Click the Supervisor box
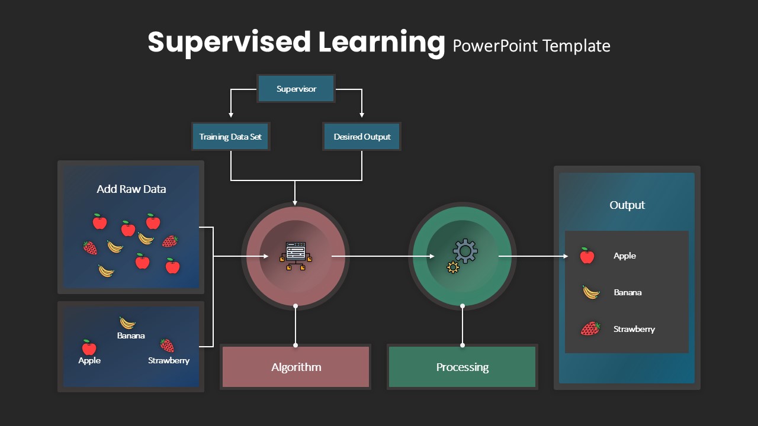[x=296, y=89]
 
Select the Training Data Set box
[x=230, y=137]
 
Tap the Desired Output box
[x=362, y=137]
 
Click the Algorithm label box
[x=296, y=367]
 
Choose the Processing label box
[x=462, y=367]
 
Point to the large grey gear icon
[x=465, y=251]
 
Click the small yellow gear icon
[x=453, y=267]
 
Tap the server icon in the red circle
[x=296, y=256]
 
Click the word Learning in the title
[x=381, y=42]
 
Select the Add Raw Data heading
[x=131, y=189]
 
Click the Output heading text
[x=627, y=205]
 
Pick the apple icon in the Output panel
[x=587, y=256]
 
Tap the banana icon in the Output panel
[x=591, y=292]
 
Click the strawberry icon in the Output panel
[x=590, y=328]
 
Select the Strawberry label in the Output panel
[x=634, y=329]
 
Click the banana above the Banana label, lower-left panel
[x=127, y=323]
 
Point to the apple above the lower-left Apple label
[x=89, y=347]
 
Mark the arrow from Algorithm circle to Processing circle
[x=383, y=256]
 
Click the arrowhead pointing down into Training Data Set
[x=231, y=115]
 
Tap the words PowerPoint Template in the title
[x=532, y=46]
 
